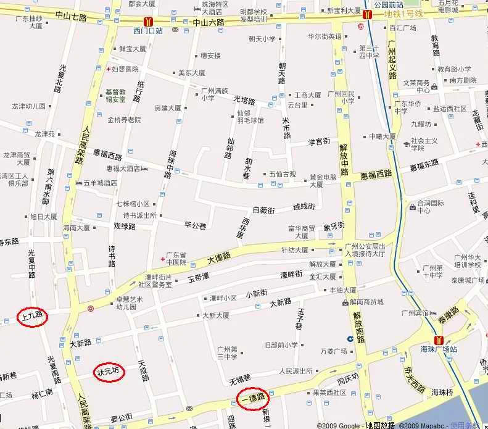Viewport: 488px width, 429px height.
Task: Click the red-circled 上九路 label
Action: click(x=32, y=317)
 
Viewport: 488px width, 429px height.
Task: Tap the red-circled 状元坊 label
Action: click(x=110, y=372)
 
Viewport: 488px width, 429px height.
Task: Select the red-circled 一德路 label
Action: click(x=253, y=398)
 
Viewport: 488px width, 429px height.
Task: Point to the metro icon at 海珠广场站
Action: click(x=439, y=340)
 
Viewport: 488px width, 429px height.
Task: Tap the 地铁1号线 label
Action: click(x=403, y=13)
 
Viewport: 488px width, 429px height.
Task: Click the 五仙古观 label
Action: click(x=283, y=174)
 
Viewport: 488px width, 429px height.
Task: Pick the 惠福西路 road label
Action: click(x=376, y=175)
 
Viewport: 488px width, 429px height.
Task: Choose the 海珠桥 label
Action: click(x=444, y=392)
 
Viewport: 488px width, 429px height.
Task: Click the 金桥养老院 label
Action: click(x=124, y=120)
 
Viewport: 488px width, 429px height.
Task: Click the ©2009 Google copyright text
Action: click(x=339, y=425)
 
